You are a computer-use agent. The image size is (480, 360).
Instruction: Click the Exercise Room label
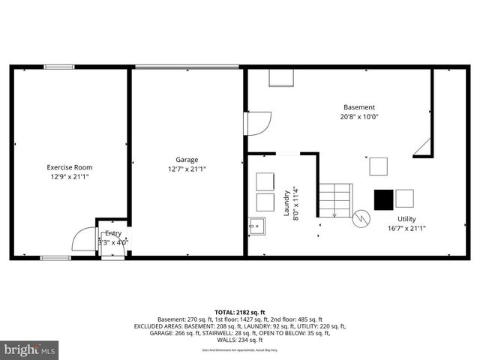point(69,167)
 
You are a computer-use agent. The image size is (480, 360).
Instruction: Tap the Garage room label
point(187,159)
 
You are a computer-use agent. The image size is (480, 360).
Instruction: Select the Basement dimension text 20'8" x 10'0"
point(359,117)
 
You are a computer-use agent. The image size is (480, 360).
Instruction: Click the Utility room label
point(406,218)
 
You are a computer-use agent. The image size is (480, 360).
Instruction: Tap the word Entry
point(113,233)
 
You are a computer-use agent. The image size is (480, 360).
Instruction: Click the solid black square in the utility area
point(383,199)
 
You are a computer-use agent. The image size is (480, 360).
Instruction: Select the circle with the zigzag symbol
point(361,218)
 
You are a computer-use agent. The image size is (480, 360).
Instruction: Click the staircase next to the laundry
point(334,199)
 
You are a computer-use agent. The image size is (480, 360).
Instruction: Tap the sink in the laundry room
point(257,225)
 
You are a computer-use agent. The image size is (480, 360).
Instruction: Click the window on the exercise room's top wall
point(58,67)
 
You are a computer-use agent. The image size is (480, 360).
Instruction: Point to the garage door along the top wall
point(187,67)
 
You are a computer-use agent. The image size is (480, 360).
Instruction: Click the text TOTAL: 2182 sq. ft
point(239,311)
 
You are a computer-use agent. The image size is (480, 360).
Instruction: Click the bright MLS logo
point(30,349)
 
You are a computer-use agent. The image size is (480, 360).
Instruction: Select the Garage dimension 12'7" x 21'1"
point(187,169)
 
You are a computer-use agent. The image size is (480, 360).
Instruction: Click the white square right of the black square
point(404,199)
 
